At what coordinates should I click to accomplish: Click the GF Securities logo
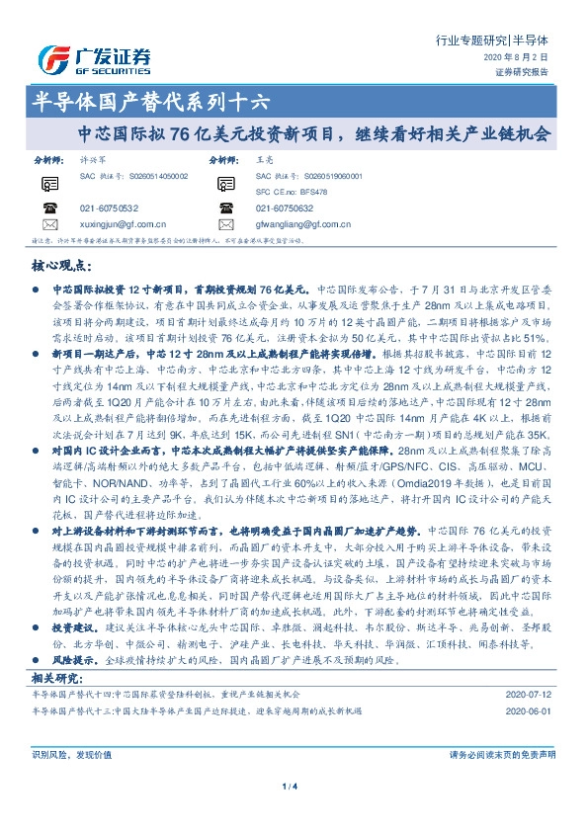94,57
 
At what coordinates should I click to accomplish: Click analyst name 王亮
263,158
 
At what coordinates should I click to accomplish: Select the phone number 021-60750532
109,208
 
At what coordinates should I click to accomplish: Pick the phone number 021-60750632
284,208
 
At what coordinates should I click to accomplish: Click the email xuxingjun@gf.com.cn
124,224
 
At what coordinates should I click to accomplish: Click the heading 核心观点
63,266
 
